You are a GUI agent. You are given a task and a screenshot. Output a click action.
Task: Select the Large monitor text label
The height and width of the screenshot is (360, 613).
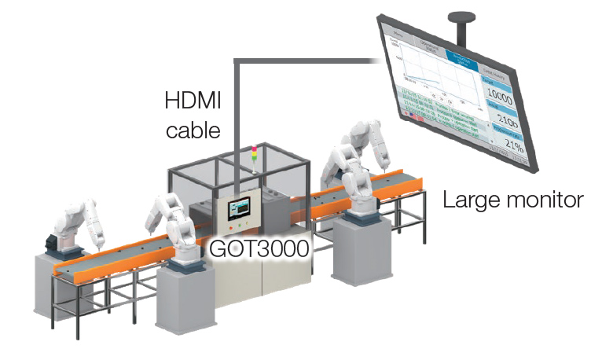point(513,199)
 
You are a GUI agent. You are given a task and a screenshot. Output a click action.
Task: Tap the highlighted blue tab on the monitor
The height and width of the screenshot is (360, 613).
point(464,57)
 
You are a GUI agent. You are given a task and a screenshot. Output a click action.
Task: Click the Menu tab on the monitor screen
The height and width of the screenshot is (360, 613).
point(398,35)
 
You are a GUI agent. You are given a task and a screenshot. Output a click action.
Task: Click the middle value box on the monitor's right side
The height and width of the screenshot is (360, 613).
point(508,120)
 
